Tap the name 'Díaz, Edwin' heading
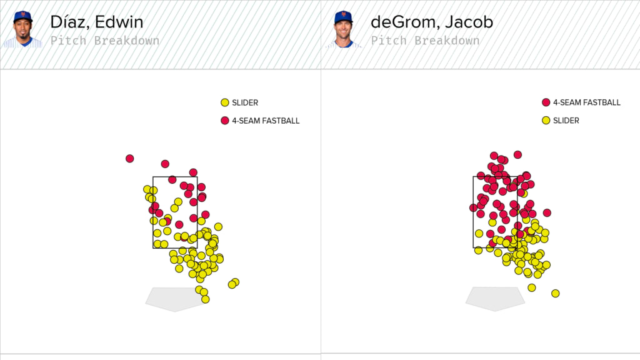[x=97, y=22]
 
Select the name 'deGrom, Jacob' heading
[x=432, y=22]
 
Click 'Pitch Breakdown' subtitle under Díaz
[x=105, y=41]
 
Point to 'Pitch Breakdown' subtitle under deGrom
[x=426, y=41]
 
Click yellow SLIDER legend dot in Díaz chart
[x=225, y=102]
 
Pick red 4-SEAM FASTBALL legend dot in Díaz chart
[x=225, y=121]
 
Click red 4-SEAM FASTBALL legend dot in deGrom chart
[x=546, y=102]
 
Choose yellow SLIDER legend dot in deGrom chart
[x=546, y=121]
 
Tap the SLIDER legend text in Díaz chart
[x=246, y=102]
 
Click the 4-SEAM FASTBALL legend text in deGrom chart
[x=587, y=102]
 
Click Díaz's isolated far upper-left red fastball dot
[x=129, y=159]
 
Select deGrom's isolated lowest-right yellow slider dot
[x=555, y=293]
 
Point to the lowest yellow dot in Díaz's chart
[x=205, y=299]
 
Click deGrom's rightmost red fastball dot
[x=547, y=213]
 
